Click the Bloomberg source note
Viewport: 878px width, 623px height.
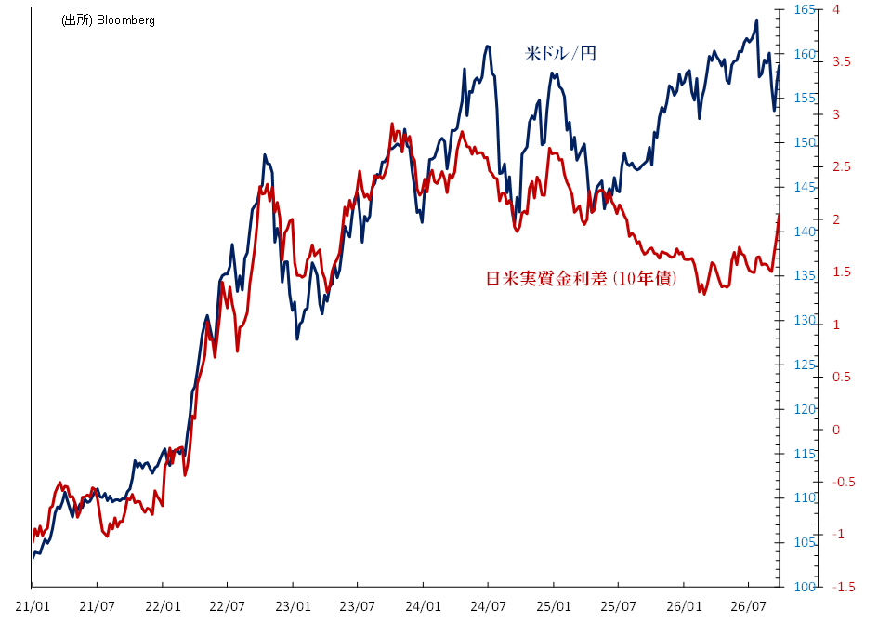108,20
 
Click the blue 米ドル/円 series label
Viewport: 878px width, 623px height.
560,54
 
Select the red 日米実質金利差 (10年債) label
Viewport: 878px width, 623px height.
582,278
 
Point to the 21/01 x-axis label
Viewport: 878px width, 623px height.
33,606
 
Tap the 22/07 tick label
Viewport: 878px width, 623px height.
228,606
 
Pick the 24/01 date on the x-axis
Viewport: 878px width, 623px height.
423,606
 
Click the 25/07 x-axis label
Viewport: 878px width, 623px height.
618,606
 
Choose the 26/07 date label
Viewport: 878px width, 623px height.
749,606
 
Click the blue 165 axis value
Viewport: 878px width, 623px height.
805,9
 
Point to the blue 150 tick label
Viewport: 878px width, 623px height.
805,143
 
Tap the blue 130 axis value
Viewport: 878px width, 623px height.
805,320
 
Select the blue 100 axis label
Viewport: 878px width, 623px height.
805,587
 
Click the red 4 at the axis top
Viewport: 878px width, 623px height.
836,9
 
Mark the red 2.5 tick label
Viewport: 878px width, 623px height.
841,167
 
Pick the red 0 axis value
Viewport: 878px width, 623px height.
836,430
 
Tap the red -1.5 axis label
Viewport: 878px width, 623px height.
844,587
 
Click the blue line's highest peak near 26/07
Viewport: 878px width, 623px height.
756,20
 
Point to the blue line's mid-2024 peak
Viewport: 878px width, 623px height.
488,46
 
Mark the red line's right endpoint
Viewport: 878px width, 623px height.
780,215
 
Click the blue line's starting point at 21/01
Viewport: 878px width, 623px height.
33,558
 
